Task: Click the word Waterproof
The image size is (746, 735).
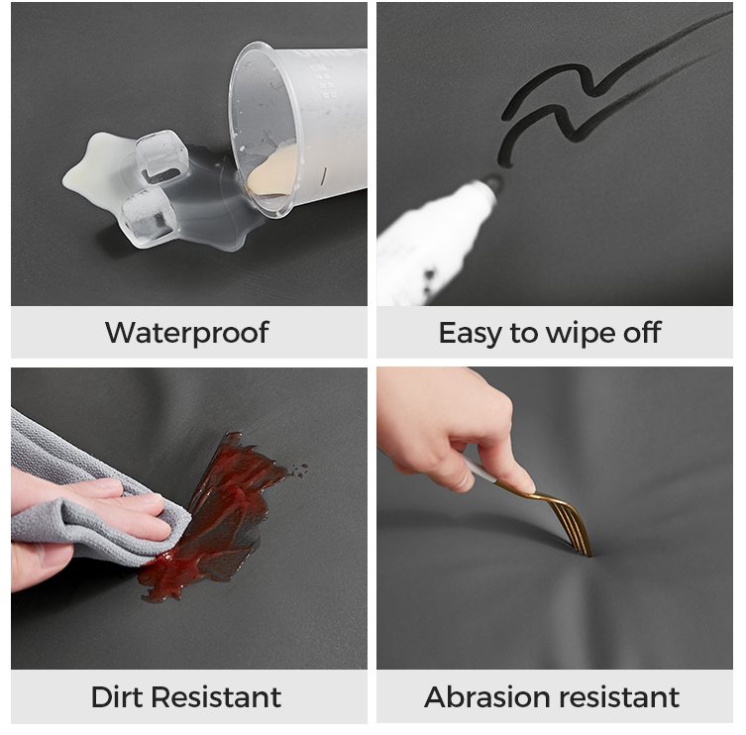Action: tap(187, 333)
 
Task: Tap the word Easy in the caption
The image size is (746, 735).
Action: tap(470, 334)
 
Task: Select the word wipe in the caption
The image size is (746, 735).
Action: tap(581, 334)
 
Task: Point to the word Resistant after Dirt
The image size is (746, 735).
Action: tap(217, 697)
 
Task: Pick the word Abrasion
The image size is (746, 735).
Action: tap(487, 697)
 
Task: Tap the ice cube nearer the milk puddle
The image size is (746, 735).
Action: tap(161, 156)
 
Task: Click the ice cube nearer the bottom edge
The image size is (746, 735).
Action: tap(148, 217)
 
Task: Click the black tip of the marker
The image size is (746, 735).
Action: tap(492, 184)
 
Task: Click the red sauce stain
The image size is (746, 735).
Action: tap(214, 518)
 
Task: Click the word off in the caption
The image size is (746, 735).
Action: tap(642, 332)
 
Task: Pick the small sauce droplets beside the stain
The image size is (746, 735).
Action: tap(300, 471)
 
